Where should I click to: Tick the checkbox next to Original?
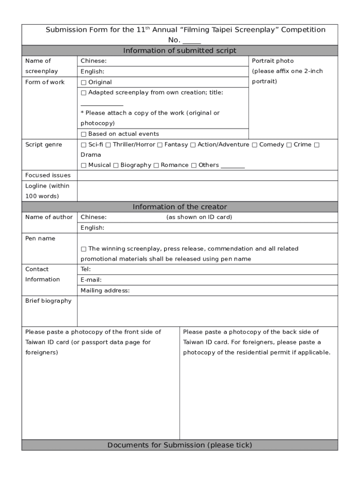pyautogui.click(x=84, y=82)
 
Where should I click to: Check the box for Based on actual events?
pyautogui.click(x=84, y=134)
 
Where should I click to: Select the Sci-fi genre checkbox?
pyautogui.click(x=84, y=145)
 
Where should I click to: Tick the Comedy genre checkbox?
pyautogui.click(x=255, y=145)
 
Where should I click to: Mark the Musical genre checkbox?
pyautogui.click(x=84, y=165)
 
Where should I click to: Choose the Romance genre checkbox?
pyautogui.click(x=156, y=165)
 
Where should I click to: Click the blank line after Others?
pyautogui.click(x=232, y=166)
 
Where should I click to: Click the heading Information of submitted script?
pyautogui.click(x=180, y=51)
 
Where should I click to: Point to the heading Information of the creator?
pyautogui.click(x=180, y=207)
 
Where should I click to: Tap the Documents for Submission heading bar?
pyautogui.click(x=180, y=445)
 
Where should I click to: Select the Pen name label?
pyautogui.click(x=40, y=239)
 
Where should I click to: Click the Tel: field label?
pyautogui.click(x=86, y=269)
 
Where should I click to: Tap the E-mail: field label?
pyautogui.click(x=91, y=280)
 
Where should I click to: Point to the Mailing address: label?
pyautogui.click(x=105, y=290)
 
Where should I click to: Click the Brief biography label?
pyautogui.click(x=48, y=301)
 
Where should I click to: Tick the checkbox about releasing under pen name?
pyautogui.click(x=84, y=249)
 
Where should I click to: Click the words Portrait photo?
pyautogui.click(x=273, y=61)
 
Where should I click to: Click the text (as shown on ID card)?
pyautogui.click(x=199, y=217)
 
